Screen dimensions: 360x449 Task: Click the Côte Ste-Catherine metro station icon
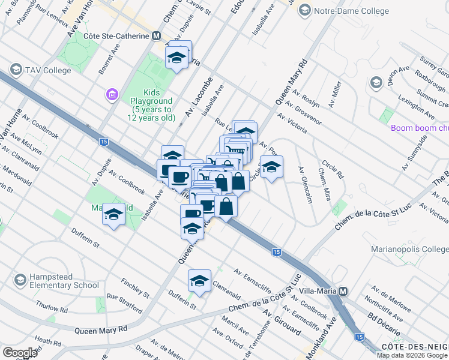point(157,36)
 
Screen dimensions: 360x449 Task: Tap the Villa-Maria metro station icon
point(343,291)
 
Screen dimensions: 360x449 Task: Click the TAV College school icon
point(15,70)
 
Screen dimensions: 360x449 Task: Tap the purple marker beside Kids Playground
point(111,94)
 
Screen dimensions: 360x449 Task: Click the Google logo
point(20,352)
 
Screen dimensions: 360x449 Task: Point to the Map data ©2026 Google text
point(412,355)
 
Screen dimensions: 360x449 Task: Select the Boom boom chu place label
point(419,128)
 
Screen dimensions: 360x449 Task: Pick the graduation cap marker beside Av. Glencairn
point(271,169)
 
